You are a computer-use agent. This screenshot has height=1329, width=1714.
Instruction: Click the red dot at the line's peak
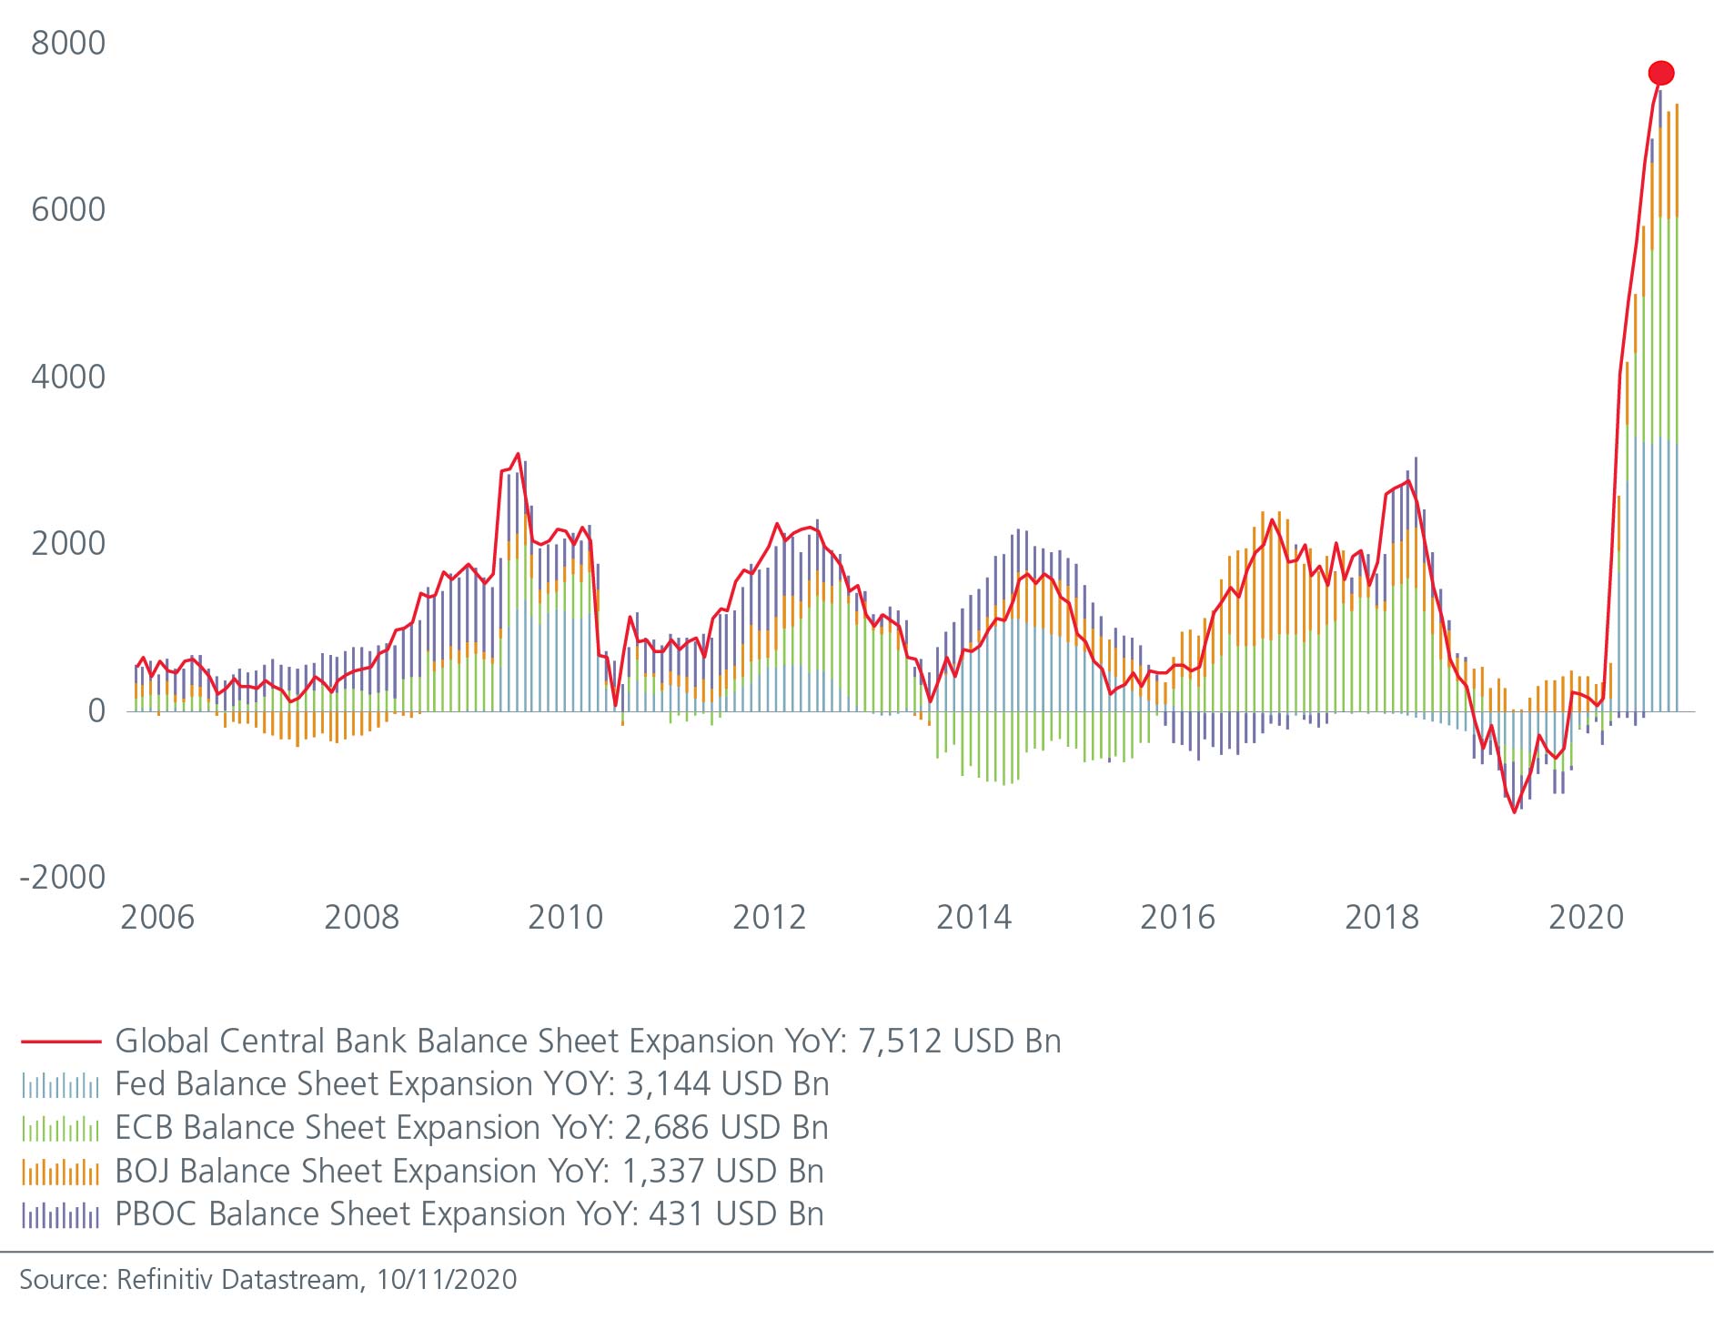click(x=1660, y=73)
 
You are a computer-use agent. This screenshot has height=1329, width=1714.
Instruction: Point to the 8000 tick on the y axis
click(x=68, y=43)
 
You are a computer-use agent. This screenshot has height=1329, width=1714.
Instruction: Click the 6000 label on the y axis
click(x=68, y=210)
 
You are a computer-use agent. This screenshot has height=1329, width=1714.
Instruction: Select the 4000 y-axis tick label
click(x=68, y=377)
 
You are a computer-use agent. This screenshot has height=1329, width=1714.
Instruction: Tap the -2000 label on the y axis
click(x=63, y=878)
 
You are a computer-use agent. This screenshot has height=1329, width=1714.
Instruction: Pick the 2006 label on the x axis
click(x=157, y=917)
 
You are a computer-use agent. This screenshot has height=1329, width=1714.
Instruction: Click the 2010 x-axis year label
click(x=565, y=917)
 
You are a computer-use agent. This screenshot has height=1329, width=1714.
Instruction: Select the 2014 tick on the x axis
click(x=973, y=917)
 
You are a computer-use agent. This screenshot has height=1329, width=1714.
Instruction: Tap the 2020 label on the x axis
click(x=1586, y=917)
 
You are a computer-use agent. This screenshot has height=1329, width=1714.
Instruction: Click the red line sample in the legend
click(x=60, y=1042)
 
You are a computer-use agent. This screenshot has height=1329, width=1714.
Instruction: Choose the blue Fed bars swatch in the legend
click(x=60, y=1084)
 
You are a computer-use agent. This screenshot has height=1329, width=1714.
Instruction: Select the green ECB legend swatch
click(x=60, y=1128)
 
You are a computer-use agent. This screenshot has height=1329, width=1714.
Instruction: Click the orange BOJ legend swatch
click(x=60, y=1172)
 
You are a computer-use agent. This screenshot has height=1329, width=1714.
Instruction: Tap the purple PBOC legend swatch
click(x=60, y=1214)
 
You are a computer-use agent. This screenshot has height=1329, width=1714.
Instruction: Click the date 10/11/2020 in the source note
click(x=447, y=1280)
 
